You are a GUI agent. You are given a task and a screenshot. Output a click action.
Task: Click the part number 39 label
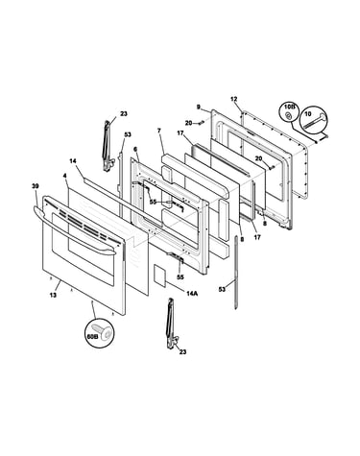pos(35,186)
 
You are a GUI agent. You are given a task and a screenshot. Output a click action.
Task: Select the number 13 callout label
pos(53,295)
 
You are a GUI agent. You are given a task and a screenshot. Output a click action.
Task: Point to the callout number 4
pos(65,176)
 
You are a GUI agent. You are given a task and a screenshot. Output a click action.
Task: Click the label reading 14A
pos(193,293)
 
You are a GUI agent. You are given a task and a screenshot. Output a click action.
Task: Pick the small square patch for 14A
pos(159,275)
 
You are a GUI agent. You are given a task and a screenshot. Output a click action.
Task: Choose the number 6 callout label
pos(135,149)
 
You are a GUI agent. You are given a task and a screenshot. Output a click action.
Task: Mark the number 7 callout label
pos(158,131)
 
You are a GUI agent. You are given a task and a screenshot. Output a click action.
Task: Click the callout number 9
pos(199,108)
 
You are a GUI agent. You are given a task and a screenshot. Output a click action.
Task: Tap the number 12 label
pos(234,99)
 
